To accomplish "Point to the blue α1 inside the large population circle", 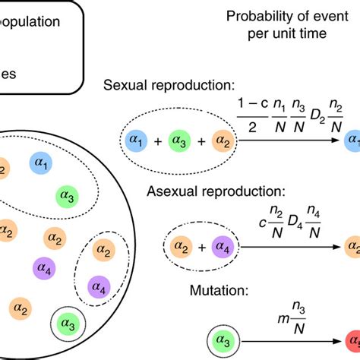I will tap(41, 163).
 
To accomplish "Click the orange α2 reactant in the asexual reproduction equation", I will tap(181, 246).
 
